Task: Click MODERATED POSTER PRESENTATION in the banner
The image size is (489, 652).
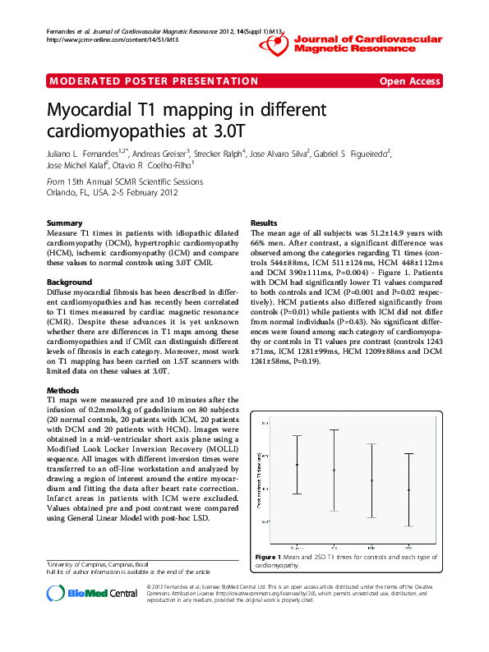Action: point(155,80)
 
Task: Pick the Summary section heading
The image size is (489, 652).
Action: point(64,223)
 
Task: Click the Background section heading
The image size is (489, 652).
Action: point(70,282)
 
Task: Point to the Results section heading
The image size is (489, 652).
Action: point(263,223)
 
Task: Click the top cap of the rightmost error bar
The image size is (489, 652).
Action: point(409,453)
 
